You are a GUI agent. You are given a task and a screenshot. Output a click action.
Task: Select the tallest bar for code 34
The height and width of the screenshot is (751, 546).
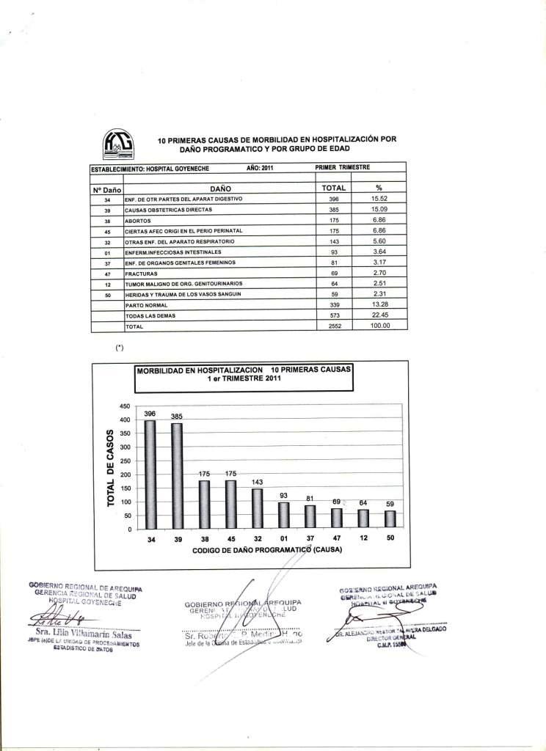pyautogui.click(x=150, y=475)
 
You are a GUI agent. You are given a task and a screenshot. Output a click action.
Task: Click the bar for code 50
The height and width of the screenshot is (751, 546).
pyautogui.click(x=390, y=519)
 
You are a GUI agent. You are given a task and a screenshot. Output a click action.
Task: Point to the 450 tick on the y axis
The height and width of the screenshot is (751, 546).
pyautogui.click(x=125, y=406)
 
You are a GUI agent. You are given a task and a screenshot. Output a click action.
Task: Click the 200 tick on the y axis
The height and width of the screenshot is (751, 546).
pyautogui.click(x=125, y=475)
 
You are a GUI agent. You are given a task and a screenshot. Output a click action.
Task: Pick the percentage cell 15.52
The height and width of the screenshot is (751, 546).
pyautogui.click(x=379, y=199)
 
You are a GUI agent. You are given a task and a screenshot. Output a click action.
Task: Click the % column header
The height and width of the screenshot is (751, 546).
pyautogui.click(x=379, y=188)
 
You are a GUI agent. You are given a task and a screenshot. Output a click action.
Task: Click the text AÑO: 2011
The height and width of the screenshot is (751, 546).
pyautogui.click(x=261, y=168)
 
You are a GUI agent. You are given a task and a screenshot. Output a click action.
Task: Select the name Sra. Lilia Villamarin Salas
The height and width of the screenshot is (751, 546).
pyautogui.click(x=83, y=634)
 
